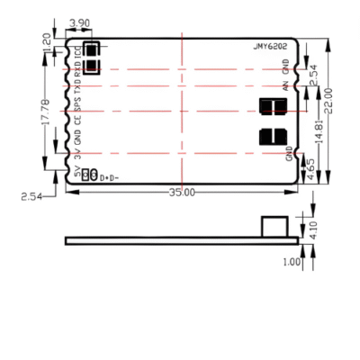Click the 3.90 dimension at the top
click(x=79, y=23)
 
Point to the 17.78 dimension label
click(x=46, y=112)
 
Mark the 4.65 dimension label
click(x=311, y=168)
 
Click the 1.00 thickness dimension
click(x=291, y=262)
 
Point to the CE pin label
click(x=78, y=123)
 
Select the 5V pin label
click(x=78, y=172)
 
